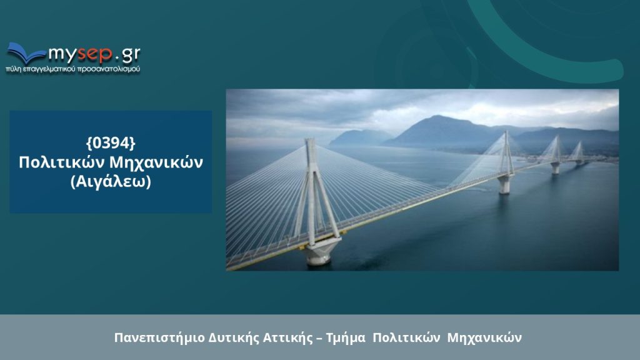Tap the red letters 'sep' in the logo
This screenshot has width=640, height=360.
click(x=95, y=54)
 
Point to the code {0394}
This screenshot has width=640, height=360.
click(x=111, y=143)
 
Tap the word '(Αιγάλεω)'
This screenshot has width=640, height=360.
click(x=111, y=182)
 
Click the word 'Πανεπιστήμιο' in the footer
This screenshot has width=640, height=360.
click(x=159, y=338)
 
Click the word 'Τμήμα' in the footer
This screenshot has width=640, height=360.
click(x=345, y=338)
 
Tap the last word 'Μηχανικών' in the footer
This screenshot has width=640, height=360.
click(x=484, y=338)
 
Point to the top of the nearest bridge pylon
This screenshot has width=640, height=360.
click(x=310, y=140)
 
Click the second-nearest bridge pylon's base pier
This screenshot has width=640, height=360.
click(x=504, y=184)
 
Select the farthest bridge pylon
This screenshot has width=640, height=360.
click(x=578, y=152)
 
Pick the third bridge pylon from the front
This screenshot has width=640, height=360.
click(x=555, y=155)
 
